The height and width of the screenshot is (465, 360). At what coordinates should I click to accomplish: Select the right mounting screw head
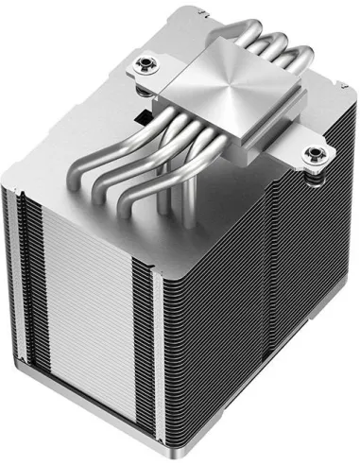point(312,156)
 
